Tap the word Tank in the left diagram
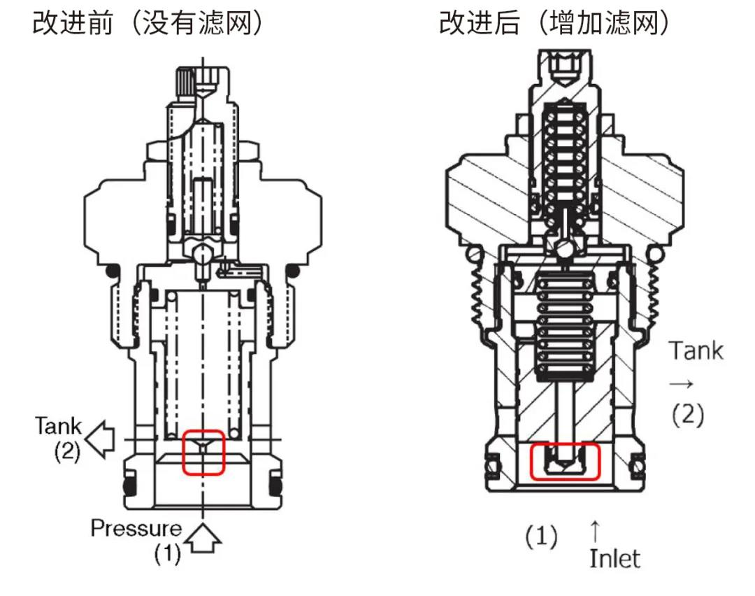tap(59, 425)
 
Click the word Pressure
tap(136, 528)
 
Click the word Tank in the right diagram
tap(696, 350)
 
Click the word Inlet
tap(614, 558)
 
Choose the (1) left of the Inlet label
tap(541, 537)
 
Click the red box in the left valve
tap(203, 453)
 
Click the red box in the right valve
tap(565, 462)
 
